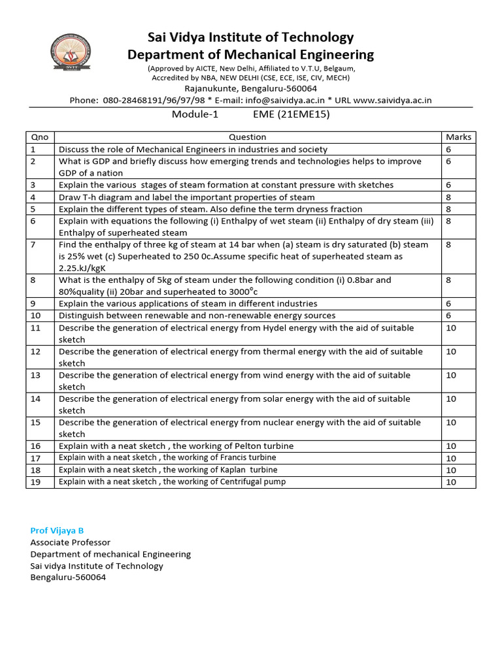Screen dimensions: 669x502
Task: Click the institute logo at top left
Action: (71, 55)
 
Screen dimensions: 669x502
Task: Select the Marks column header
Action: (458, 137)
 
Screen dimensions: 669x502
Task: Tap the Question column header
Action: (248, 137)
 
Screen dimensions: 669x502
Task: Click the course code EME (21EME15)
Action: (291, 114)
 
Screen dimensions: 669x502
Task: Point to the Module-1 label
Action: (193, 114)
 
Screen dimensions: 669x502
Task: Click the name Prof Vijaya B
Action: (57, 530)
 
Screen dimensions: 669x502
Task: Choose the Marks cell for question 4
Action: (449, 197)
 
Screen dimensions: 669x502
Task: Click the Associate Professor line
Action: (71, 542)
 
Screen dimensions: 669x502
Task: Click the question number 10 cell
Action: (40, 316)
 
